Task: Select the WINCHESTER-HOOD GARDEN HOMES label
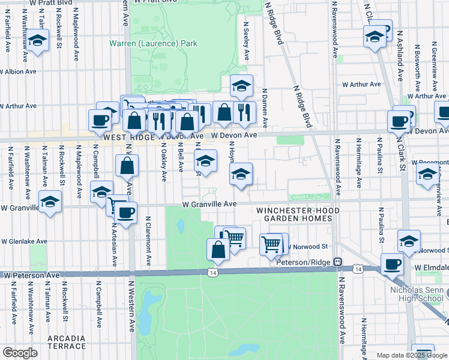298,215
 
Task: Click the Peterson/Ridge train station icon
339,262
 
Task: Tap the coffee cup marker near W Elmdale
393,263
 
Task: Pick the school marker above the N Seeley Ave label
241,85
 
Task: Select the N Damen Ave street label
264,108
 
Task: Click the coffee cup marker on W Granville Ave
126,212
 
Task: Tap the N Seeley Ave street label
246,41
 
